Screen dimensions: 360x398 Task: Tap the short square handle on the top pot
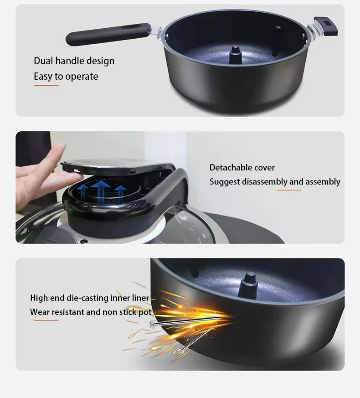click(326, 26)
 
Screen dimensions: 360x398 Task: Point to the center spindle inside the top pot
click(235, 55)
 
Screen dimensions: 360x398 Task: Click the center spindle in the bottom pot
click(249, 285)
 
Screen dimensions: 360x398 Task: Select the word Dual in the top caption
click(43, 61)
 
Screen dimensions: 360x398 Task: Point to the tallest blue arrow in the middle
click(100, 191)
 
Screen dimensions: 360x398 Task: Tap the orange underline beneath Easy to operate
click(46, 85)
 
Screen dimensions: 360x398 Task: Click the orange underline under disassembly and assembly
click(289, 190)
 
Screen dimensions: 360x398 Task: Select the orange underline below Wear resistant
click(46, 320)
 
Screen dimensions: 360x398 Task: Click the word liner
click(140, 298)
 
